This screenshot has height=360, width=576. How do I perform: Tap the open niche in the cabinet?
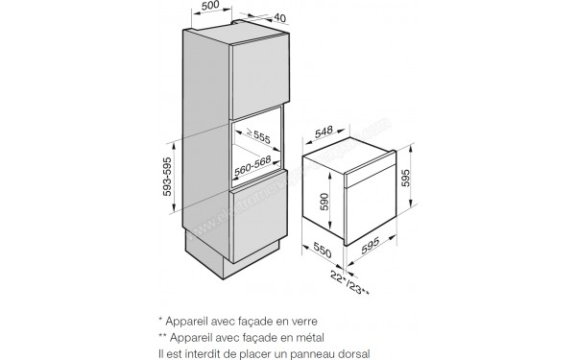point(257,150)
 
